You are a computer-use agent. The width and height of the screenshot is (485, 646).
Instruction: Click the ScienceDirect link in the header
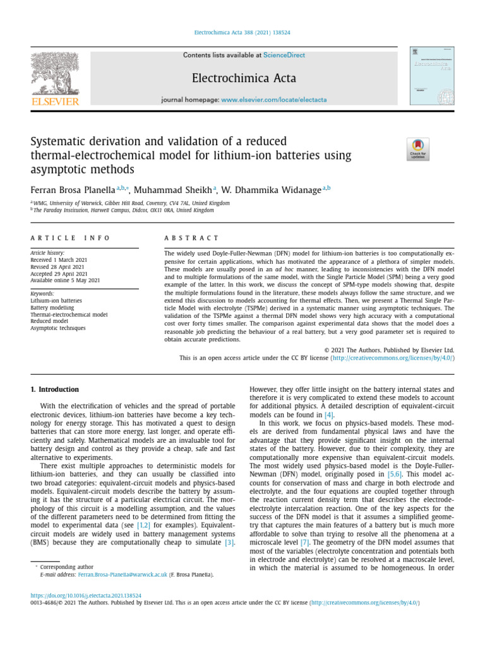coord(284,56)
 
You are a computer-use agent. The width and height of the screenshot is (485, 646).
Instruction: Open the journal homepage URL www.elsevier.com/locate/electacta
coord(274,100)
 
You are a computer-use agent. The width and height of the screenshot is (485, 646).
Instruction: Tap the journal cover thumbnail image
coord(432,76)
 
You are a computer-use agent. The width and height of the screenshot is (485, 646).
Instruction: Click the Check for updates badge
coord(417,149)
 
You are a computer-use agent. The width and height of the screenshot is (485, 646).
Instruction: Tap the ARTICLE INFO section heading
coord(70,238)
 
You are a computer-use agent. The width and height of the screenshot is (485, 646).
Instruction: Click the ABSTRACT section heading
coord(191,238)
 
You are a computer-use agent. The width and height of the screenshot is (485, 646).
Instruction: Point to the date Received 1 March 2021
coord(59,259)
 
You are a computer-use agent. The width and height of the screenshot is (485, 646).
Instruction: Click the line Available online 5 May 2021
coord(65,280)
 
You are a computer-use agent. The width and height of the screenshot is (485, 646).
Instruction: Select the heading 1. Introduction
coord(55,389)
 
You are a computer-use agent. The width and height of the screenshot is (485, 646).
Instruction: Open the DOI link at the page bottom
coord(87,595)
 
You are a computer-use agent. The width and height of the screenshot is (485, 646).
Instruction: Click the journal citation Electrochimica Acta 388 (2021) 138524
coord(242,32)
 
